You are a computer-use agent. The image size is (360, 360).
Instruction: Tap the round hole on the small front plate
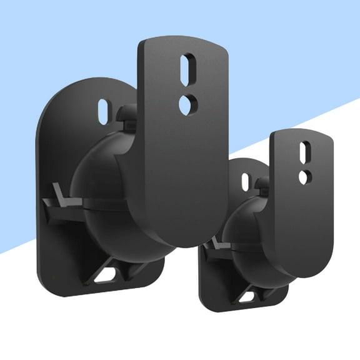pyautogui.click(x=303, y=177)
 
